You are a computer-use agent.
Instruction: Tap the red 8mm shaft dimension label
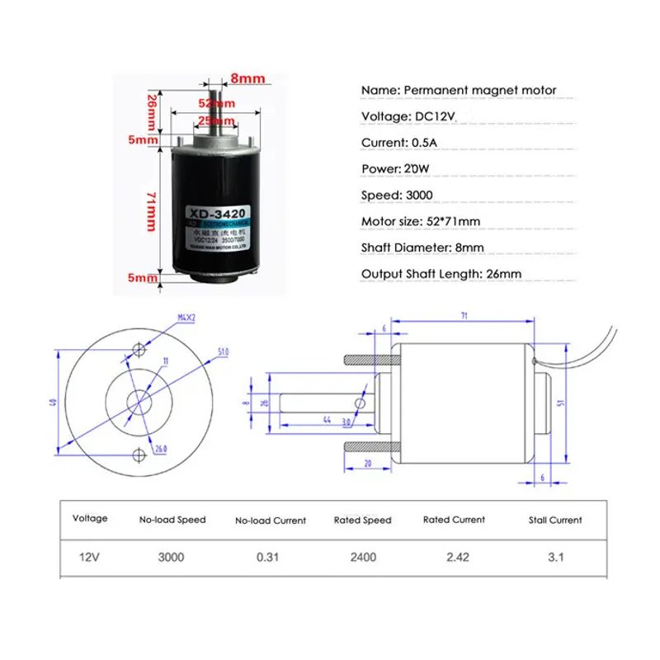click(x=247, y=78)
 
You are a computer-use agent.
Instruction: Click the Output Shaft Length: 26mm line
click(x=441, y=274)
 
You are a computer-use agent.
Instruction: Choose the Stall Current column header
click(x=555, y=520)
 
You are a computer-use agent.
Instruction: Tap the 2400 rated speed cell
click(x=362, y=557)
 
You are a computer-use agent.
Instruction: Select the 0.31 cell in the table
click(x=270, y=557)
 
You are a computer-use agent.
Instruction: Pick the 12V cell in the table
click(x=89, y=557)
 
